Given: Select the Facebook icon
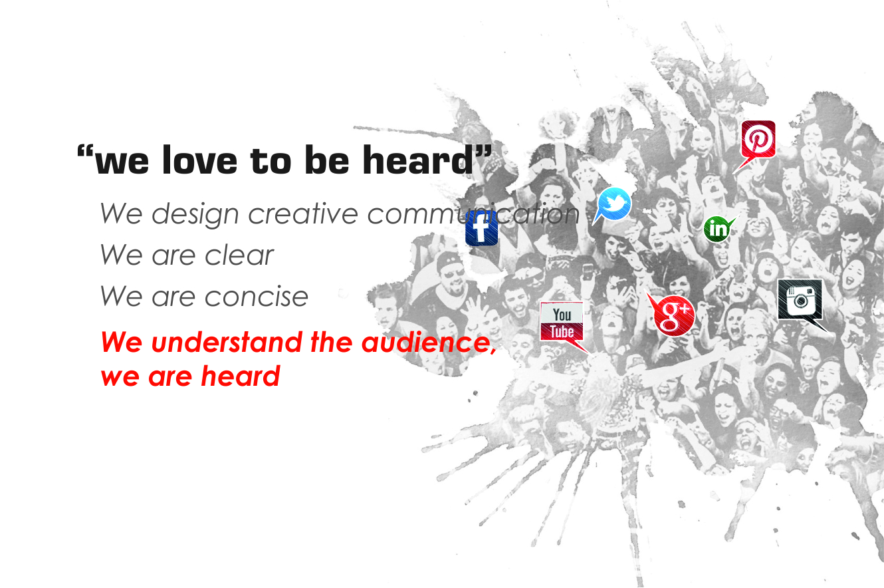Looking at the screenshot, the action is (481, 228).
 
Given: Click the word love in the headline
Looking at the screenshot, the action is (199, 160).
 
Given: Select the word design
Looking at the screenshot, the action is (195, 214).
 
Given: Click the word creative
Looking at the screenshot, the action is (302, 214).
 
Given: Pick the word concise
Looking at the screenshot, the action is (256, 296).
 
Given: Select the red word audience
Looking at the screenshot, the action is (426, 342).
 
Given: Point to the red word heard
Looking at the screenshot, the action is (241, 376).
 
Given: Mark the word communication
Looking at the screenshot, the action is (473, 214).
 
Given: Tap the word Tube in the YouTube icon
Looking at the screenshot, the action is (562, 332).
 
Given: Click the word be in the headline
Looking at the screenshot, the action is (327, 159).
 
